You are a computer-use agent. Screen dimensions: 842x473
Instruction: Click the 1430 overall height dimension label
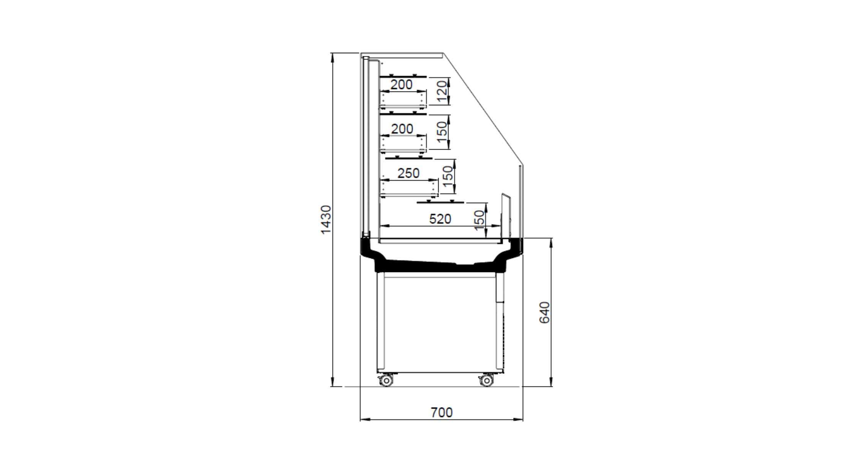(326, 220)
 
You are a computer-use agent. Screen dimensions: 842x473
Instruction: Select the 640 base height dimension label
(544, 312)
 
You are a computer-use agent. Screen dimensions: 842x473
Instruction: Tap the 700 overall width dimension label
(442, 412)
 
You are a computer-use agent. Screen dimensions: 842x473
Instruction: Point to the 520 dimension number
(440, 219)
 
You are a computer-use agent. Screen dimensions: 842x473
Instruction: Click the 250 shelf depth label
(408, 173)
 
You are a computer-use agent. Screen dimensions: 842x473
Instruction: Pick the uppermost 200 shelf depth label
(401, 85)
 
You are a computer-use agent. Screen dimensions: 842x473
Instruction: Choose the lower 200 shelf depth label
(402, 129)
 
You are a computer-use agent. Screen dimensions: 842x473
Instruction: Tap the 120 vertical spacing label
(442, 91)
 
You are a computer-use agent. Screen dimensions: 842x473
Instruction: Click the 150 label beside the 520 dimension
(479, 220)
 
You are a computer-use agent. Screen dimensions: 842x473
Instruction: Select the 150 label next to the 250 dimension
(447, 176)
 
